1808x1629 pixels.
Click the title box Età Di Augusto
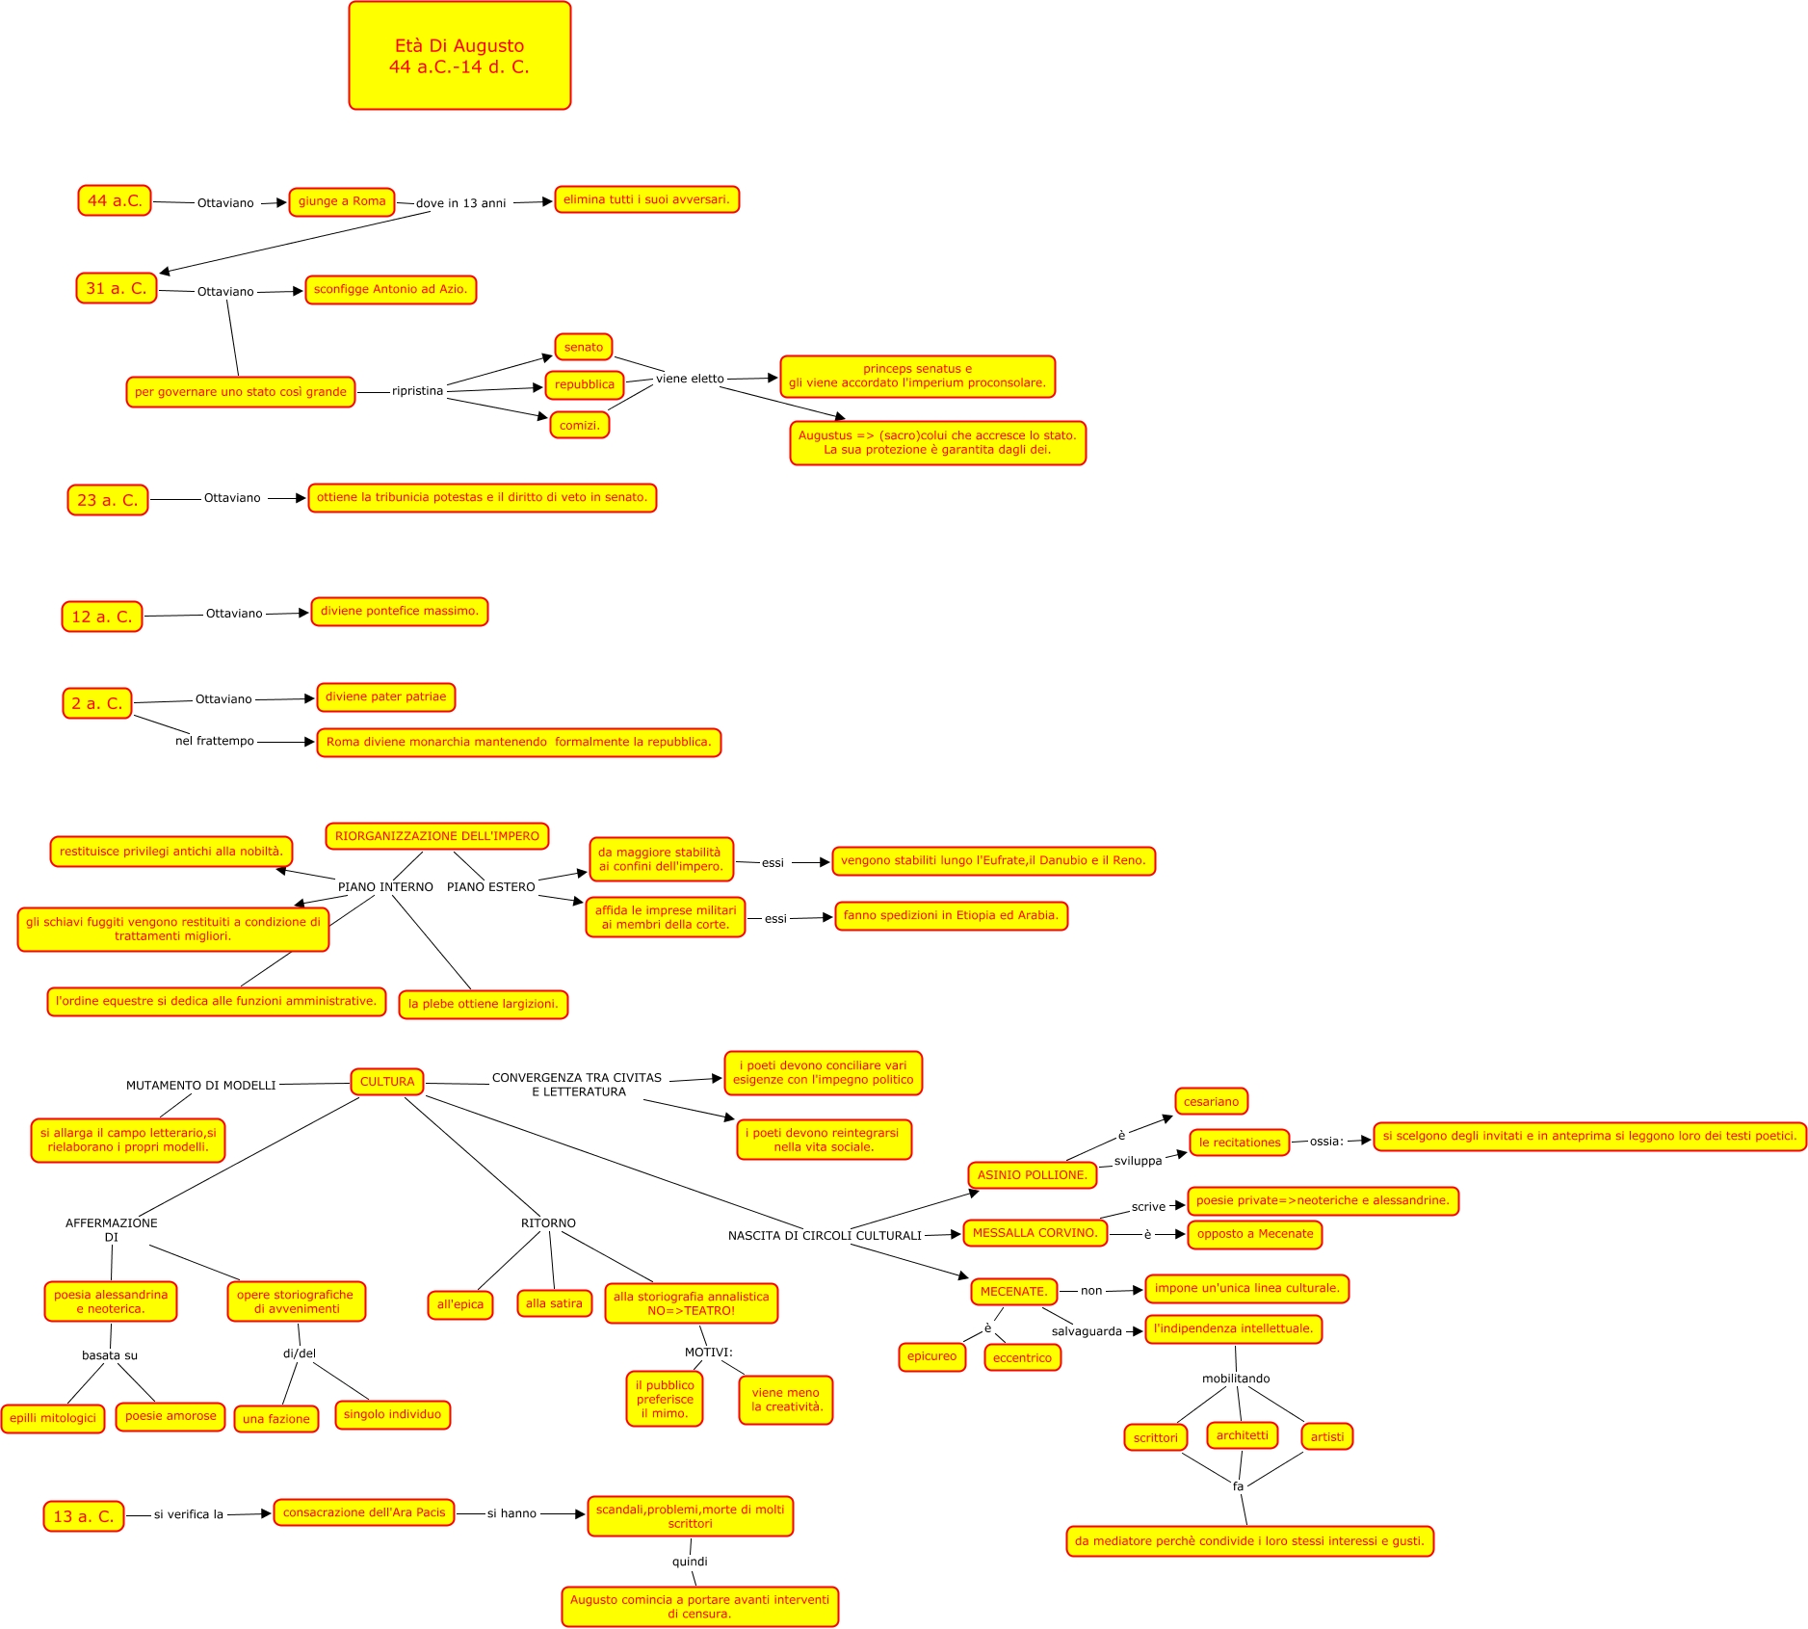pyautogui.click(x=459, y=56)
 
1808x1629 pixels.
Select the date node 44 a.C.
pyautogui.click(x=115, y=200)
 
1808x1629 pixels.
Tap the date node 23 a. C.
pyautogui.click(x=108, y=500)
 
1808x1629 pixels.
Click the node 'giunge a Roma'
pyautogui.click(x=342, y=201)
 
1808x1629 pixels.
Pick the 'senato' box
pyautogui.click(x=584, y=347)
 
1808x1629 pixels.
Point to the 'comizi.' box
pyautogui.click(x=580, y=425)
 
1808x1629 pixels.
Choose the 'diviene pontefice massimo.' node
pyautogui.click(x=400, y=611)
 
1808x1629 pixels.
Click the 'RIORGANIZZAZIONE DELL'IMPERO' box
pyautogui.click(x=437, y=836)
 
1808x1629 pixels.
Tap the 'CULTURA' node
pyautogui.click(x=387, y=1082)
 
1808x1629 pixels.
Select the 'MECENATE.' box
pyautogui.click(x=1013, y=1292)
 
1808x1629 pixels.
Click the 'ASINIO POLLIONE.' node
pyautogui.click(x=1032, y=1175)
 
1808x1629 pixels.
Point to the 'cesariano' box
pyautogui.click(x=1211, y=1102)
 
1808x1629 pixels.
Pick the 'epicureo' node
pyautogui.click(x=931, y=1356)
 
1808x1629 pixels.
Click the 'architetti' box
pyautogui.click(x=1243, y=1435)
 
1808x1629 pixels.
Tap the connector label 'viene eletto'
pyautogui.click(x=690, y=379)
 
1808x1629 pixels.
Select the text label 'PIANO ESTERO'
pyautogui.click(x=490, y=887)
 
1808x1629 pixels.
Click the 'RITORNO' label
pyautogui.click(x=548, y=1223)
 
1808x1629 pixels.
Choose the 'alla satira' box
pyautogui.click(x=554, y=1303)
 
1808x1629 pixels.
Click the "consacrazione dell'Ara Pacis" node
pyautogui.click(x=364, y=1512)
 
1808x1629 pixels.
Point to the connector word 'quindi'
pyautogui.click(x=690, y=1562)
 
